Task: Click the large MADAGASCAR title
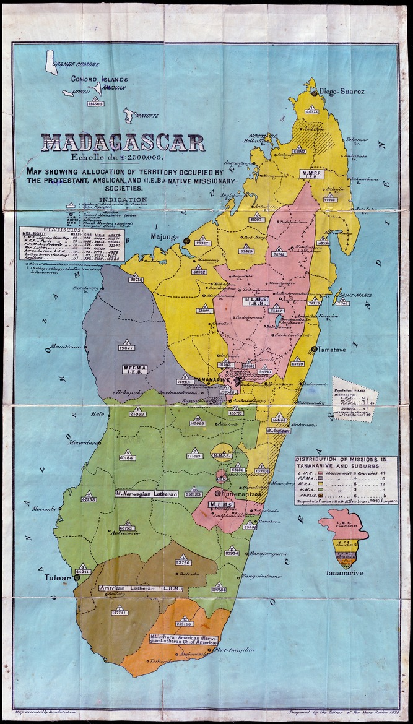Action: pos(123,142)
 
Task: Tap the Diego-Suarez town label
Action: pos(342,92)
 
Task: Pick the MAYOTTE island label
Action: pos(146,116)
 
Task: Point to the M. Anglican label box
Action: pos(279,429)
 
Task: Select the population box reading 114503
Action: pos(95,104)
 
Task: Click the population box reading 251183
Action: pos(193,494)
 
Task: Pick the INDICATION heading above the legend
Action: pos(123,200)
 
